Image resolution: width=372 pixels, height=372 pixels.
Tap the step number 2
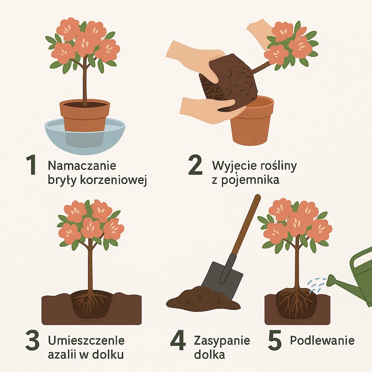tap(195, 166)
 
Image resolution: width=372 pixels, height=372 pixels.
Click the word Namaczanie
tap(82, 165)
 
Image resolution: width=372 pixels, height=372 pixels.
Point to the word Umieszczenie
tap(86, 341)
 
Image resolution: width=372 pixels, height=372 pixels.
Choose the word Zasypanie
tap(222, 340)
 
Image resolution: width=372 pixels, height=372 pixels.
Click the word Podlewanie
tap(322, 340)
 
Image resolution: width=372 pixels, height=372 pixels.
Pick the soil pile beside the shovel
tap(201, 299)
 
